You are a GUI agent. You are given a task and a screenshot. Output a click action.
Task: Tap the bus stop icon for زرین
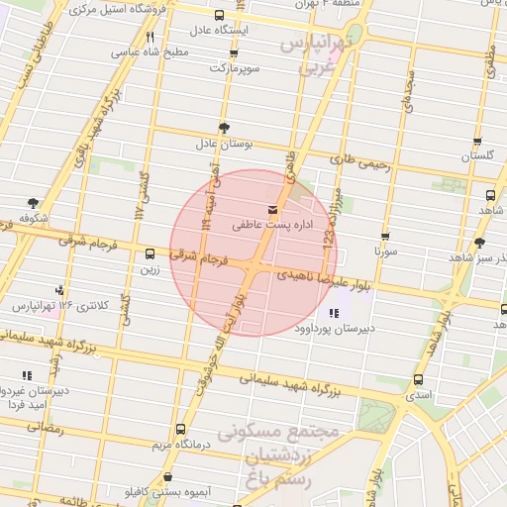pyautogui.click(x=150, y=253)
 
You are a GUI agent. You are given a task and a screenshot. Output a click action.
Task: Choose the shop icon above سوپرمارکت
pyautogui.click(x=230, y=53)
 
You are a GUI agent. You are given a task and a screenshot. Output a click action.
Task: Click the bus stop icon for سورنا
pyautogui.click(x=385, y=237)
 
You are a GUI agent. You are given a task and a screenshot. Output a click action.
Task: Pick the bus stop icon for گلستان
pyautogui.click(x=477, y=142)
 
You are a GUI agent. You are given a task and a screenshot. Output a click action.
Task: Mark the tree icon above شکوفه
pyautogui.click(x=34, y=203)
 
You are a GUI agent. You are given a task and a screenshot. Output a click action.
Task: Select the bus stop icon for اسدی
pyautogui.click(x=419, y=379)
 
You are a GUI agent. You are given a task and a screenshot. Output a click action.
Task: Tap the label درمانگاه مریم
pyautogui.click(x=179, y=445)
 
